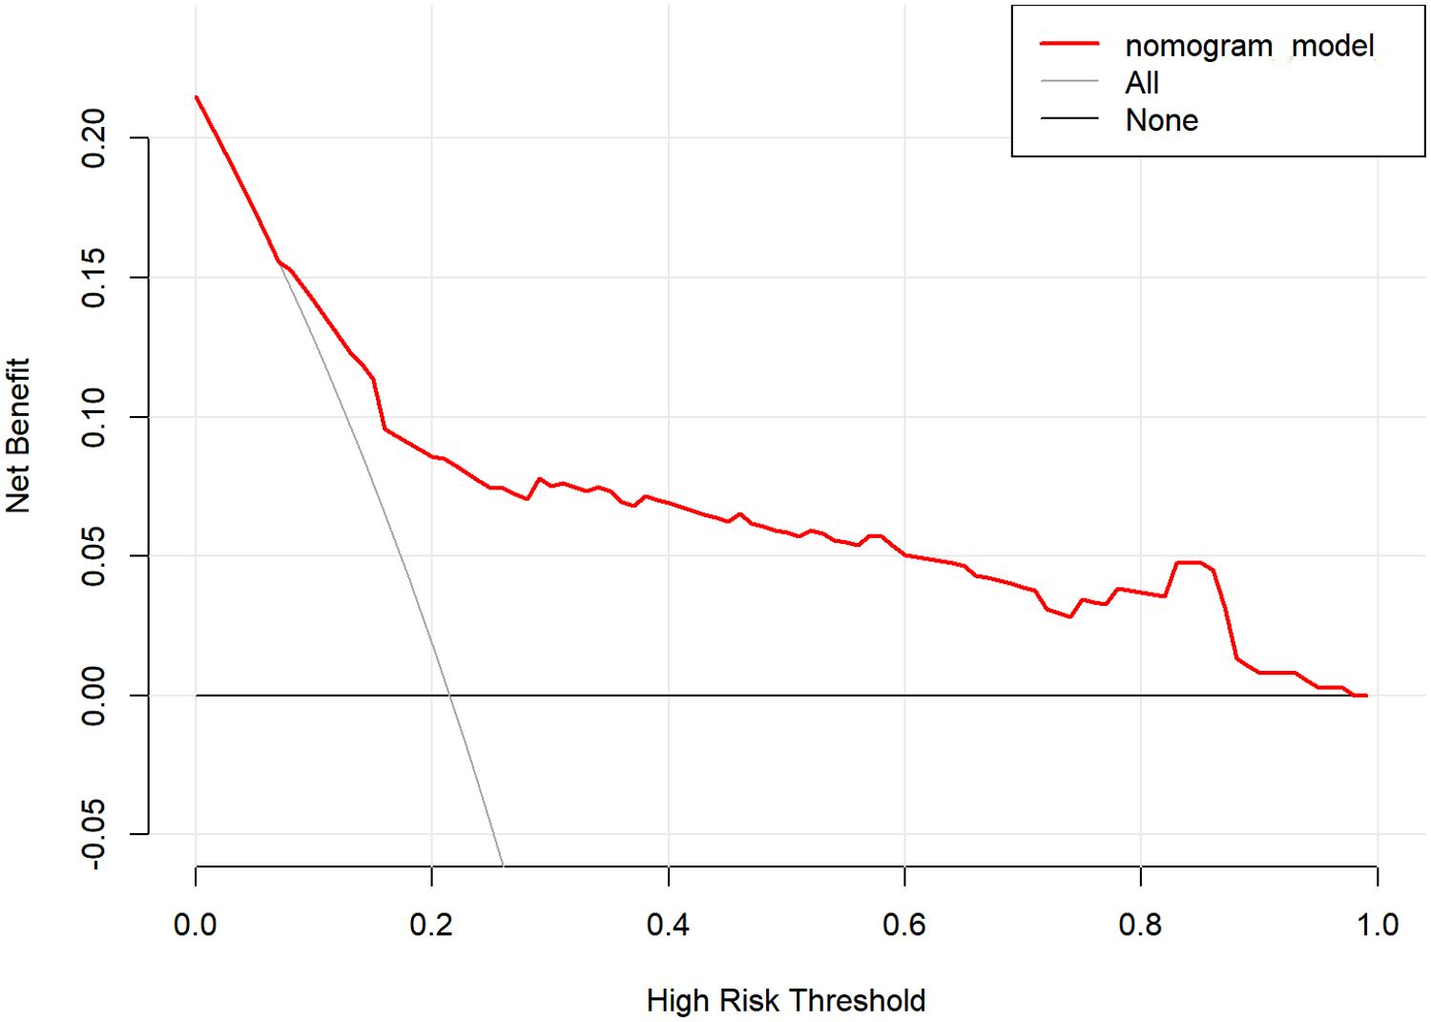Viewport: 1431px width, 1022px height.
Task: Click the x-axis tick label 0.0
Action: (x=195, y=925)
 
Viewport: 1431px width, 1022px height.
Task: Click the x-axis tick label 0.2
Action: (x=431, y=925)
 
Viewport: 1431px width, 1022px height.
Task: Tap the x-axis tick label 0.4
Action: (x=668, y=925)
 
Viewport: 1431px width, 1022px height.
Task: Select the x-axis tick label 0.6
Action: (x=903, y=925)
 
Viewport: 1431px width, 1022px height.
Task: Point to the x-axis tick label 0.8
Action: (x=1140, y=925)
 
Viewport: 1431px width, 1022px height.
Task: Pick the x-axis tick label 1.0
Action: (x=1377, y=925)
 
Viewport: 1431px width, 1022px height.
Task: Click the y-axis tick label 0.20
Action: (x=93, y=138)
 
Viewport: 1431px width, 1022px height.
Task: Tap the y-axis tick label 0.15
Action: (x=93, y=278)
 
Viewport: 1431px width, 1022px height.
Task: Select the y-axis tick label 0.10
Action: (x=93, y=417)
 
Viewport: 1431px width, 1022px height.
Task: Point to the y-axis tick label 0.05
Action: (x=93, y=556)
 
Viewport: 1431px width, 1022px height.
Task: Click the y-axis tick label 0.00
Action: (x=93, y=696)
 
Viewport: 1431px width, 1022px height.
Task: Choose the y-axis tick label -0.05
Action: (x=93, y=834)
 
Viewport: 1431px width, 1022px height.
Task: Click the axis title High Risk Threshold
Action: (x=786, y=1000)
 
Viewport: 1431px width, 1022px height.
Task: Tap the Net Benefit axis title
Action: (x=18, y=435)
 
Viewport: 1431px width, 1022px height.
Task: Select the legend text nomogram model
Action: (x=1249, y=46)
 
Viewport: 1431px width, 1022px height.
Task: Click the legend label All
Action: (x=1142, y=83)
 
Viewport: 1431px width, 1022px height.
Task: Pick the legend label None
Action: (x=1161, y=120)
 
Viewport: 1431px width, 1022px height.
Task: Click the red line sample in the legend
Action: (x=1069, y=44)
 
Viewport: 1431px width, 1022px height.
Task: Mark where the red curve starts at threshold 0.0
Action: (x=196, y=96)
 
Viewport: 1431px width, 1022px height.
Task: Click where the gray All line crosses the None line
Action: (x=450, y=696)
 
